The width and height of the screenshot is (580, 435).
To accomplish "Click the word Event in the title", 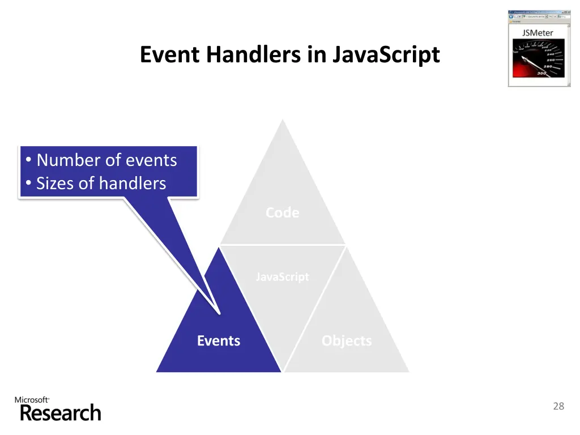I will (170, 55).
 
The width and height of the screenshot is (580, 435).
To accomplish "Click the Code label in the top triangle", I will (282, 212).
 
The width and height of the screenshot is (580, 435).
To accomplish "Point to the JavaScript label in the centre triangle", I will (282, 277).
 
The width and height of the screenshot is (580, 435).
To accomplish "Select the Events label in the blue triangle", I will (219, 341).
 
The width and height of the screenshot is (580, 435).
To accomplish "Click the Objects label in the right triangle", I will (347, 341).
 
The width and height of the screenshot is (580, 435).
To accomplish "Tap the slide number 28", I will (558, 406).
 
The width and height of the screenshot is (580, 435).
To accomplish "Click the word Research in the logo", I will (61, 413).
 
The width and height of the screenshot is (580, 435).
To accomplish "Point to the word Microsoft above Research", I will (31, 400).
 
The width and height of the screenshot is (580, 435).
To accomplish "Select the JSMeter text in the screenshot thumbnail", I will (538, 33).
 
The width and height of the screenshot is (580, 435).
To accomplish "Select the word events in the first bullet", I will (151, 160).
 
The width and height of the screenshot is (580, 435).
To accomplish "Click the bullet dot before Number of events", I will (28, 161).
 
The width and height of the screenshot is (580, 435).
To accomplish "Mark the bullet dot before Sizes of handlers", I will (28, 184).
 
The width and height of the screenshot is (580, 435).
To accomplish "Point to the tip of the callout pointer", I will (219, 313).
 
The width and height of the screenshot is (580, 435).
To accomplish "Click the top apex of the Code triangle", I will (283, 120).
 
